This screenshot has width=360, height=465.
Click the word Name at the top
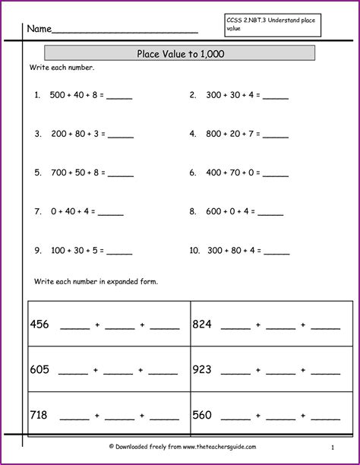pyautogui.click(x=39, y=29)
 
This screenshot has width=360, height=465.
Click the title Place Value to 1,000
pyautogui.click(x=180, y=54)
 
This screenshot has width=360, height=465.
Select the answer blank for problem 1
pyautogui.click(x=121, y=97)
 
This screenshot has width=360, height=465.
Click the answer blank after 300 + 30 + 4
pyautogui.click(x=275, y=97)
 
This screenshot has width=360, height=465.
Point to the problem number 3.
pyautogui.click(x=36, y=134)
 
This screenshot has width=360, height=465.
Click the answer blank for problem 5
pyautogui.click(x=121, y=174)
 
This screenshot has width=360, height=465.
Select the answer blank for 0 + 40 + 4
pyautogui.click(x=111, y=213)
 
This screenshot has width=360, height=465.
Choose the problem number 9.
pyautogui.click(x=36, y=250)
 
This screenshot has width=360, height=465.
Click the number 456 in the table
pyautogui.click(x=39, y=324)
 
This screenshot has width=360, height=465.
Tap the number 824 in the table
pyautogui.click(x=202, y=324)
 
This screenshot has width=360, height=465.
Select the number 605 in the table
pyautogui.click(x=39, y=370)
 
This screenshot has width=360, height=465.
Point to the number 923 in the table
pyautogui.click(x=202, y=370)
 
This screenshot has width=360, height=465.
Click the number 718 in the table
pyautogui.click(x=39, y=415)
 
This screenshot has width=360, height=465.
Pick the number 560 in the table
pyautogui.click(x=202, y=415)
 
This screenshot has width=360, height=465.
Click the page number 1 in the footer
pyautogui.click(x=333, y=448)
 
